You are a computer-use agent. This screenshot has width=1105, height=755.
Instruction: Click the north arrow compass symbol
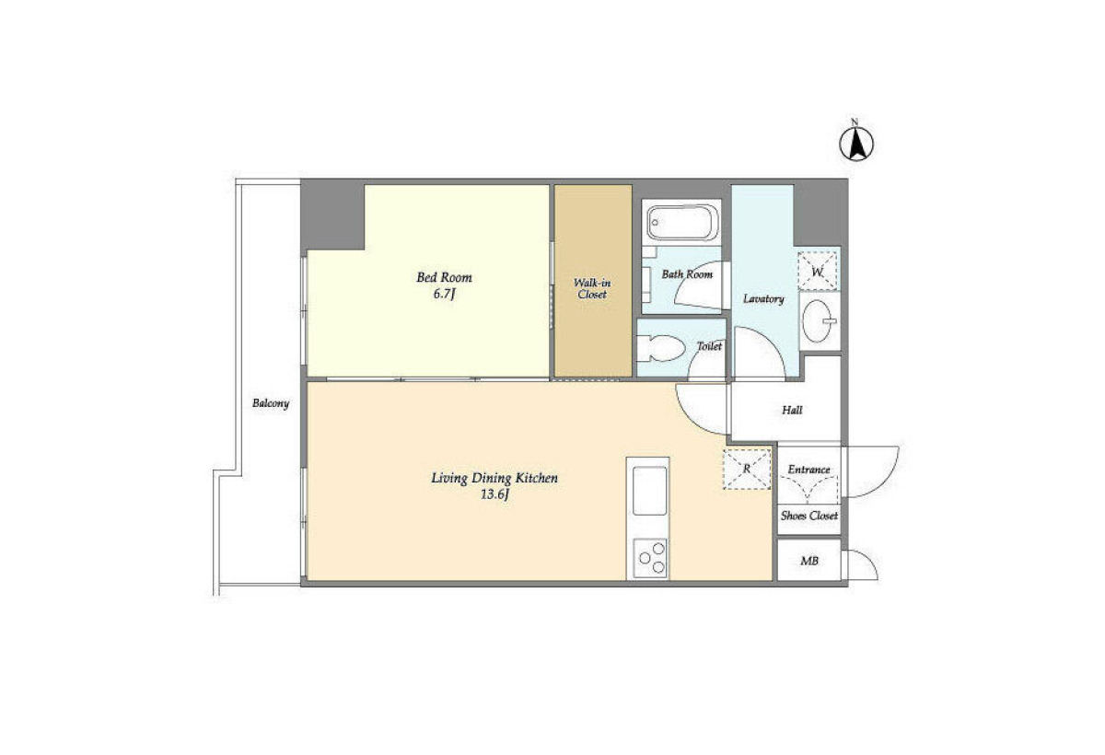[856, 143]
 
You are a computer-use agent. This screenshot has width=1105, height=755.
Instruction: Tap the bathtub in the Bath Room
[681, 223]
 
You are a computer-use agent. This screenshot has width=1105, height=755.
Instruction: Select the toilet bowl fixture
[660, 348]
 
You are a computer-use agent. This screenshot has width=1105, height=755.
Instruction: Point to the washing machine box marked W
[818, 271]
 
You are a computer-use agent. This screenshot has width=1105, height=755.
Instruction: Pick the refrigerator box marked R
[747, 469]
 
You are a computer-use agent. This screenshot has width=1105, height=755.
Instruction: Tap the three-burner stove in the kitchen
[651, 558]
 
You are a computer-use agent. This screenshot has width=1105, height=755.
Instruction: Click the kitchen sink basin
[650, 491]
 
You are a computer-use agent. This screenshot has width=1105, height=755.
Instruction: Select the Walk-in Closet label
[592, 288]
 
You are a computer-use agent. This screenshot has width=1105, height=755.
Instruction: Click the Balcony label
[271, 403]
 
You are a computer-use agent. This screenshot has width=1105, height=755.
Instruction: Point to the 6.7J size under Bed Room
[444, 295]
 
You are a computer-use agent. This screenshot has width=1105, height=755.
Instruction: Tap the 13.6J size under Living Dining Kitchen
[494, 494]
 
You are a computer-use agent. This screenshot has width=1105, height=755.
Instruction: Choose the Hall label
[792, 410]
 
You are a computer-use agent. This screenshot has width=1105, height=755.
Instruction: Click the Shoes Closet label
[809, 516]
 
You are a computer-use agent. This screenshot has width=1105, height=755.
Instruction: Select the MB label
[809, 561]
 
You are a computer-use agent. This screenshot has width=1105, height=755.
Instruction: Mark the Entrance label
[809, 470]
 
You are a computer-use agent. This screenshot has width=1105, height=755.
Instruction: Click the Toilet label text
[709, 347]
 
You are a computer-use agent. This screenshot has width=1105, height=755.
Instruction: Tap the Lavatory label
[763, 299]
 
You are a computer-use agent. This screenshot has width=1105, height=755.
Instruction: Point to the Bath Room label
[687, 274]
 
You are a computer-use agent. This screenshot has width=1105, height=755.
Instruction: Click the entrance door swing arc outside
[887, 481]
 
